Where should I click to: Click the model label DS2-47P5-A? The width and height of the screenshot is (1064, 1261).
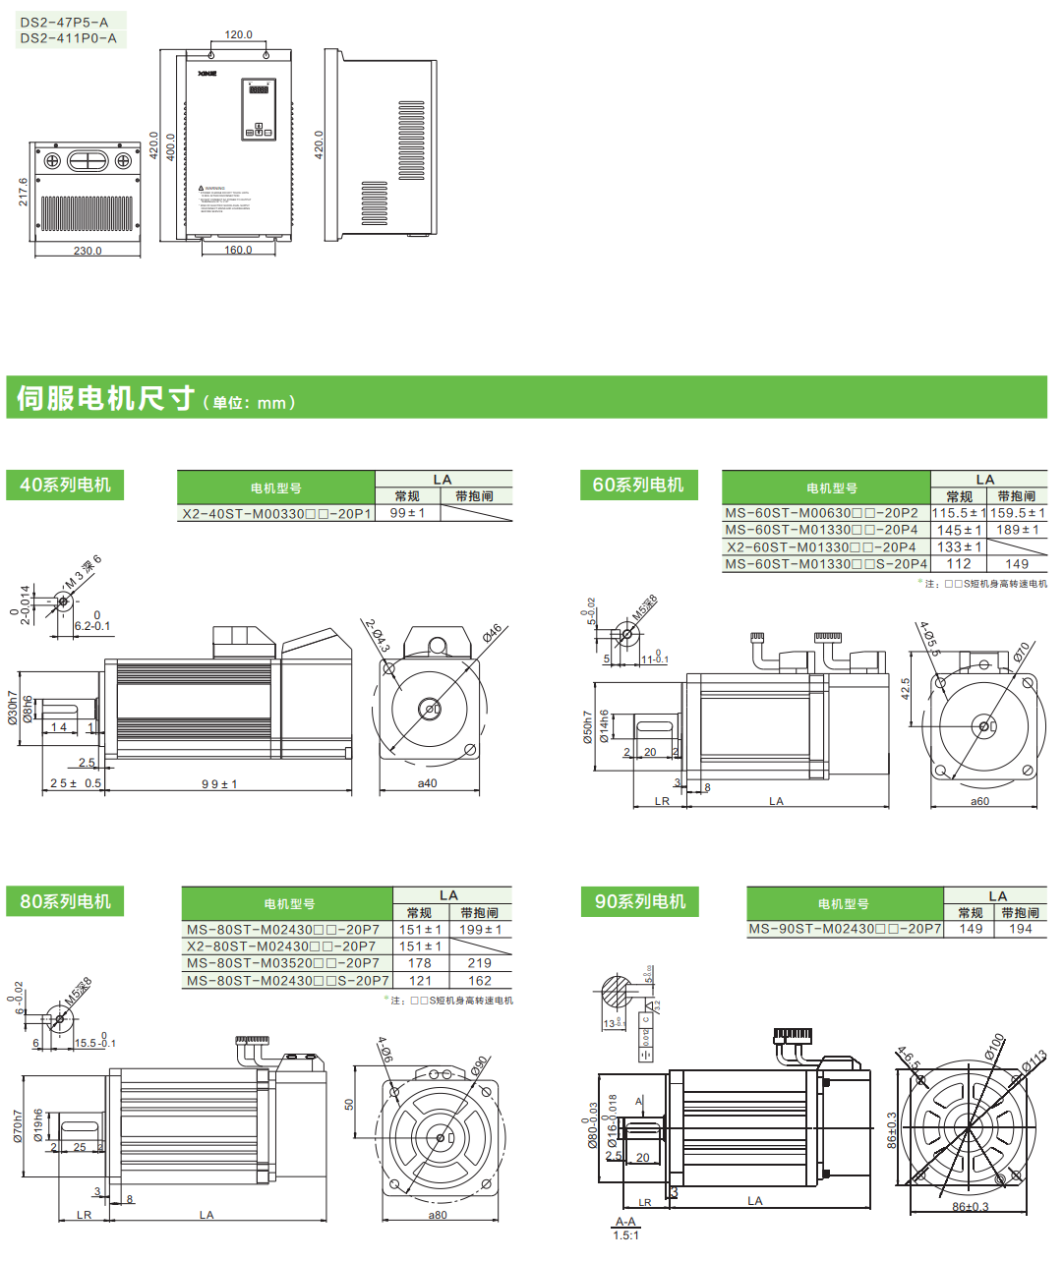click(x=64, y=21)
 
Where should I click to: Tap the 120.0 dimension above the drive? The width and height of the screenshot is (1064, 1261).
click(x=238, y=34)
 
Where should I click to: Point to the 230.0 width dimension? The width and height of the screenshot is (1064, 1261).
click(x=88, y=251)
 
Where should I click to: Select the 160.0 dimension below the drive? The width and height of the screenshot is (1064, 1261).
click(x=238, y=250)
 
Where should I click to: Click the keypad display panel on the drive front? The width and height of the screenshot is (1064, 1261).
click(x=259, y=110)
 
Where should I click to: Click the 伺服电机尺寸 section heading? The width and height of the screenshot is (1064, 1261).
click(x=105, y=398)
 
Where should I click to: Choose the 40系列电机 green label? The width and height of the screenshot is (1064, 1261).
click(x=66, y=485)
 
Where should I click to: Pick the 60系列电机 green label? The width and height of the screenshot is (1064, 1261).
click(x=638, y=485)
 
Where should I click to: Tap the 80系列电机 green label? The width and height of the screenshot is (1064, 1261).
click(x=66, y=901)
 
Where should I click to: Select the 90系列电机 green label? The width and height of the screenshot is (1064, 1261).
click(x=639, y=901)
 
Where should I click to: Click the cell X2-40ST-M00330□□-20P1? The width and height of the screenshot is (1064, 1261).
click(x=276, y=513)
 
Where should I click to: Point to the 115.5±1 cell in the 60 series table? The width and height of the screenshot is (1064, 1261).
click(x=958, y=513)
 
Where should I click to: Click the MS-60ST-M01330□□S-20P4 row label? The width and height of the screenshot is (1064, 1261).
click(x=826, y=564)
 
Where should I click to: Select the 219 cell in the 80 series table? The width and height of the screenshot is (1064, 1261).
click(x=480, y=963)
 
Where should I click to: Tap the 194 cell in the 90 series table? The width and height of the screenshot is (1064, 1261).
click(x=1021, y=929)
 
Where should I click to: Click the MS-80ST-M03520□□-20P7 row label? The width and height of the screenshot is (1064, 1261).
click(x=283, y=963)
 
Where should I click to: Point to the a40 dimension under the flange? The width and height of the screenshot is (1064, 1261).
click(x=427, y=783)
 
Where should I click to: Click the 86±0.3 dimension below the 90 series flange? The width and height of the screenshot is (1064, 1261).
click(x=970, y=1207)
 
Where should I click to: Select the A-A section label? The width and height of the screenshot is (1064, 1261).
click(x=625, y=1222)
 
